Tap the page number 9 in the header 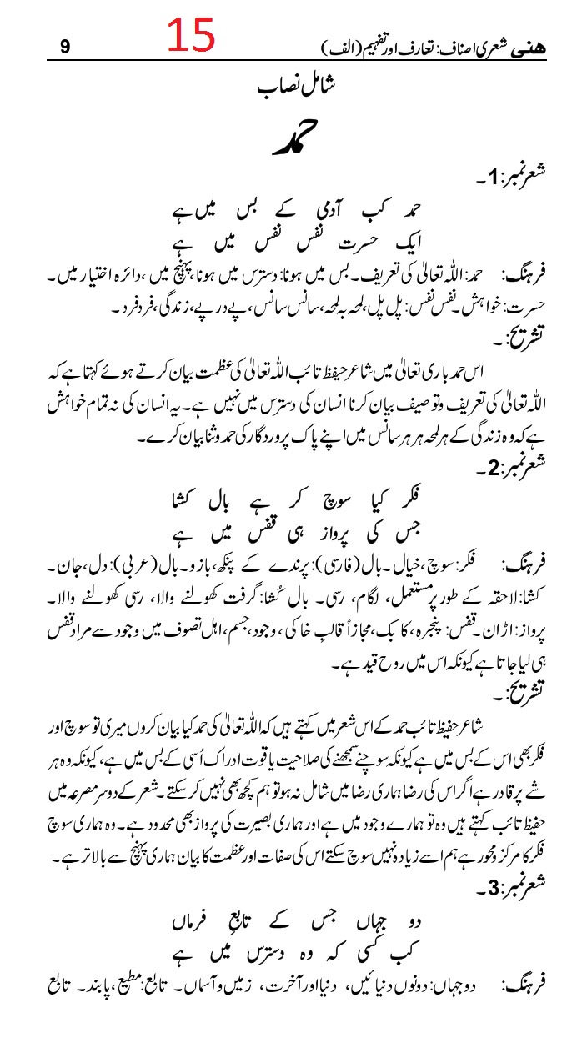(65, 48)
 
